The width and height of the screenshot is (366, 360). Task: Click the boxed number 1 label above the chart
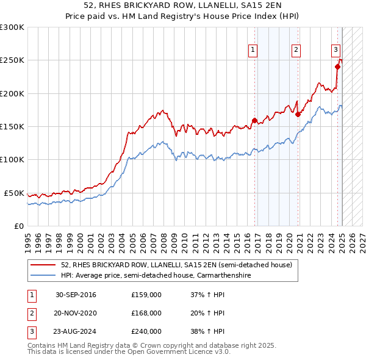click(253, 51)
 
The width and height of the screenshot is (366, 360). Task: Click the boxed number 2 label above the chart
click(296, 51)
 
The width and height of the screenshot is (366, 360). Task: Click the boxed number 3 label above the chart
click(335, 51)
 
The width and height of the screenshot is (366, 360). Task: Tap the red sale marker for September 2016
click(254, 120)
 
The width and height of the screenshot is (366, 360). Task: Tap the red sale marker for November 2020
click(298, 114)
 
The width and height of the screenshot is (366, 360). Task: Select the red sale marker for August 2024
click(337, 67)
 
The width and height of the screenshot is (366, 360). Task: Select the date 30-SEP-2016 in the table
click(76, 295)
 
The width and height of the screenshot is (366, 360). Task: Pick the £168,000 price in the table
click(146, 314)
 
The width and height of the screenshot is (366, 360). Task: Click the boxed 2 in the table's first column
click(30, 314)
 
